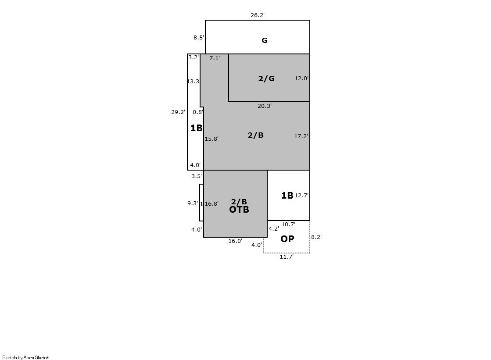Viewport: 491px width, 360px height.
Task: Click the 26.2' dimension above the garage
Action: tap(258, 15)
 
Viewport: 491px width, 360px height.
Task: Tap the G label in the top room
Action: tap(264, 40)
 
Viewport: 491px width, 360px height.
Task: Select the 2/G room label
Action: tap(266, 78)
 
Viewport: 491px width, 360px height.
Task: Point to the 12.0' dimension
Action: tap(301, 78)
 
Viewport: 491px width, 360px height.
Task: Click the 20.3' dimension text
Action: tap(265, 106)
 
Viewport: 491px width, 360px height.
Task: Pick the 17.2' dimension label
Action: tap(301, 136)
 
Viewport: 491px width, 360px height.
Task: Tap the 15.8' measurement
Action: tap(211, 139)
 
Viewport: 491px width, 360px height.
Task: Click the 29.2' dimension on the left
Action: tap(178, 112)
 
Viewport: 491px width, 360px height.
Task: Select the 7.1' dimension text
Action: tap(215, 58)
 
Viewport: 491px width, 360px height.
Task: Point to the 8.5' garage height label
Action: tap(198, 38)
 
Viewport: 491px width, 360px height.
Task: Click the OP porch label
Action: tap(287, 239)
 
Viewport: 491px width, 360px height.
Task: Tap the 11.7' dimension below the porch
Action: tap(287, 257)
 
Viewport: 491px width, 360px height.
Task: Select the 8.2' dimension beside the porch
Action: tap(316, 237)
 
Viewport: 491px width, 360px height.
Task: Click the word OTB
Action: tap(239, 210)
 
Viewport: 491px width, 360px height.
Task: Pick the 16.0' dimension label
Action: tap(235, 241)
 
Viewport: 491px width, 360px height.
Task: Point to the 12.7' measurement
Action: tap(301, 195)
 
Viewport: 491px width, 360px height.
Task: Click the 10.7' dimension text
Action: tap(288, 224)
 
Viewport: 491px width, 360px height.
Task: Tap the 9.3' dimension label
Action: tap(193, 203)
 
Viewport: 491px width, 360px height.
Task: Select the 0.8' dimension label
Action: tap(198, 112)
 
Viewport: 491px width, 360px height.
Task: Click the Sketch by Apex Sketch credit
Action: tap(26, 357)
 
